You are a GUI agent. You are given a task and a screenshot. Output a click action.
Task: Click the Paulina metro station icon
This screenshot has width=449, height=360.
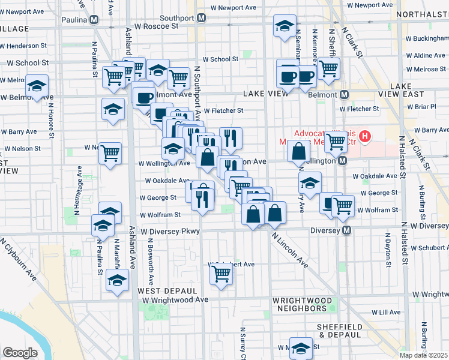[94, 20]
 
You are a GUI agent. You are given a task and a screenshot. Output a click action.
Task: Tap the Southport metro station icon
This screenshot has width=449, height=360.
[202, 17]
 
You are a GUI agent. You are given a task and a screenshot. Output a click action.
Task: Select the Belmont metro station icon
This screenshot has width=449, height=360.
[345, 95]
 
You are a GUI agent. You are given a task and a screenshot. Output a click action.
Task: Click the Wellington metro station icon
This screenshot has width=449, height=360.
[342, 161]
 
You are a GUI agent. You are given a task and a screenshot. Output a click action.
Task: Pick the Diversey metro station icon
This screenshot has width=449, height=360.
[346, 230]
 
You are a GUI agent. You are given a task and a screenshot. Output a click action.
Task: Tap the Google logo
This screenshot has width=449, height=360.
[20, 352]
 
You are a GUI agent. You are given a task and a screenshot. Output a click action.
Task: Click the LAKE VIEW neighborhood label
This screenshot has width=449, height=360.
[266, 94]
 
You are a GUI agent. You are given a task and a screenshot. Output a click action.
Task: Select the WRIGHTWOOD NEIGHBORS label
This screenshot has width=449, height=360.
[302, 304]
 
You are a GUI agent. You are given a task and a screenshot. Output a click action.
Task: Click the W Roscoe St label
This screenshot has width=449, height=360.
[157, 26]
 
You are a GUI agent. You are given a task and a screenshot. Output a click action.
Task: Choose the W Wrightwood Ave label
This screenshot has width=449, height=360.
[174, 299]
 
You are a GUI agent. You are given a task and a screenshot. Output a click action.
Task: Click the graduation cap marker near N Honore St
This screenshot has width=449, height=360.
[37, 85]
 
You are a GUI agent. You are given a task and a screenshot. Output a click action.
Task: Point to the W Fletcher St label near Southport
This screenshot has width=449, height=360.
[223, 110]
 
